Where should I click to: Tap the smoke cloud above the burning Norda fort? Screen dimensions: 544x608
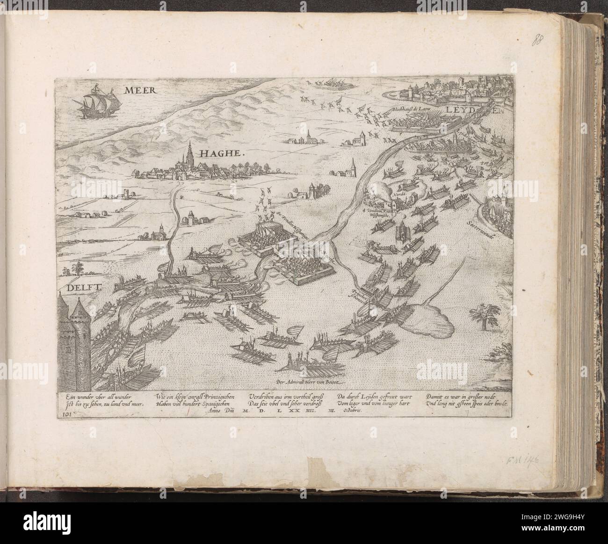tap(381, 189)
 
